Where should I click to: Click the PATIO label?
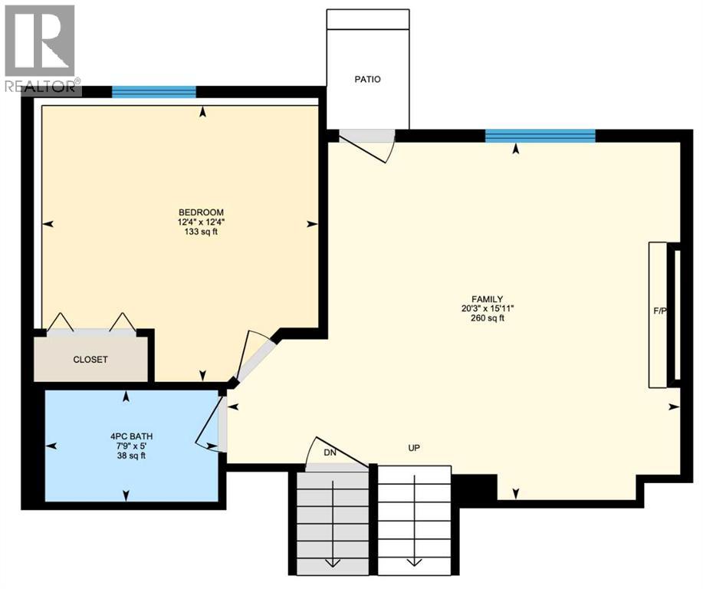tap(367, 79)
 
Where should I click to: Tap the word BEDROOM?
tap(200, 212)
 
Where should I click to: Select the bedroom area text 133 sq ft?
tap(200, 232)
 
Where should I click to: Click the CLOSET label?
tap(90, 360)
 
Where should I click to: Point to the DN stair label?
tap(330, 452)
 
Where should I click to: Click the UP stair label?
tap(414, 448)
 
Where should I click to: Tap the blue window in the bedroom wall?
tap(154, 92)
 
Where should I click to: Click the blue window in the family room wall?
tap(540, 136)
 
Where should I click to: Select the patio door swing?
tap(366, 144)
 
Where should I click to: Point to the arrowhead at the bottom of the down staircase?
tap(333, 563)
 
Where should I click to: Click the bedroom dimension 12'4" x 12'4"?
tap(200, 222)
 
